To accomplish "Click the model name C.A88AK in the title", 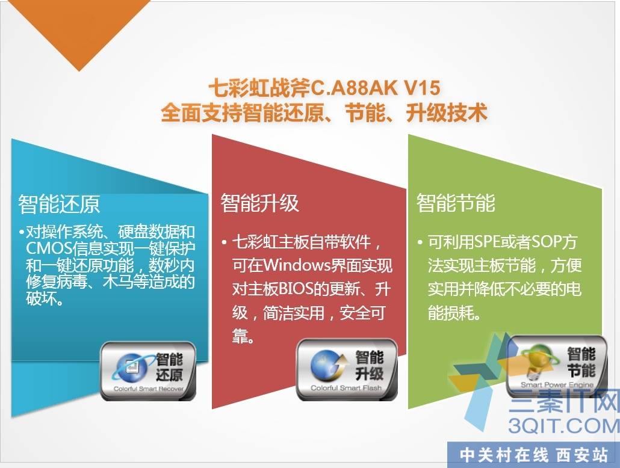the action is pyautogui.click(x=355, y=88).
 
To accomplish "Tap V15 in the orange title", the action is pyautogui.click(x=423, y=88).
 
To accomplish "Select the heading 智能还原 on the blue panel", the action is pyautogui.click(x=59, y=204).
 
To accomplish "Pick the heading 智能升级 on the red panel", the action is pyautogui.click(x=260, y=203).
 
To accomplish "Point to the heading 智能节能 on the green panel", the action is pyautogui.click(x=456, y=203).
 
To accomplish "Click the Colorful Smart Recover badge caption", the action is pyautogui.click(x=149, y=389).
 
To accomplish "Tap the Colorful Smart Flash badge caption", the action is pyautogui.click(x=346, y=388).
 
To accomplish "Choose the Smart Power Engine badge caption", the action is pyautogui.click(x=557, y=384).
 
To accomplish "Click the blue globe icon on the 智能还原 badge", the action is pyautogui.click(x=132, y=368).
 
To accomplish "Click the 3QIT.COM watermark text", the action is pyautogui.click(x=564, y=425).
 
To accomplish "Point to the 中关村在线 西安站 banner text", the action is pyautogui.click(x=533, y=455).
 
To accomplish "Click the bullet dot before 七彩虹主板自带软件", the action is pyautogui.click(x=224, y=242).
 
